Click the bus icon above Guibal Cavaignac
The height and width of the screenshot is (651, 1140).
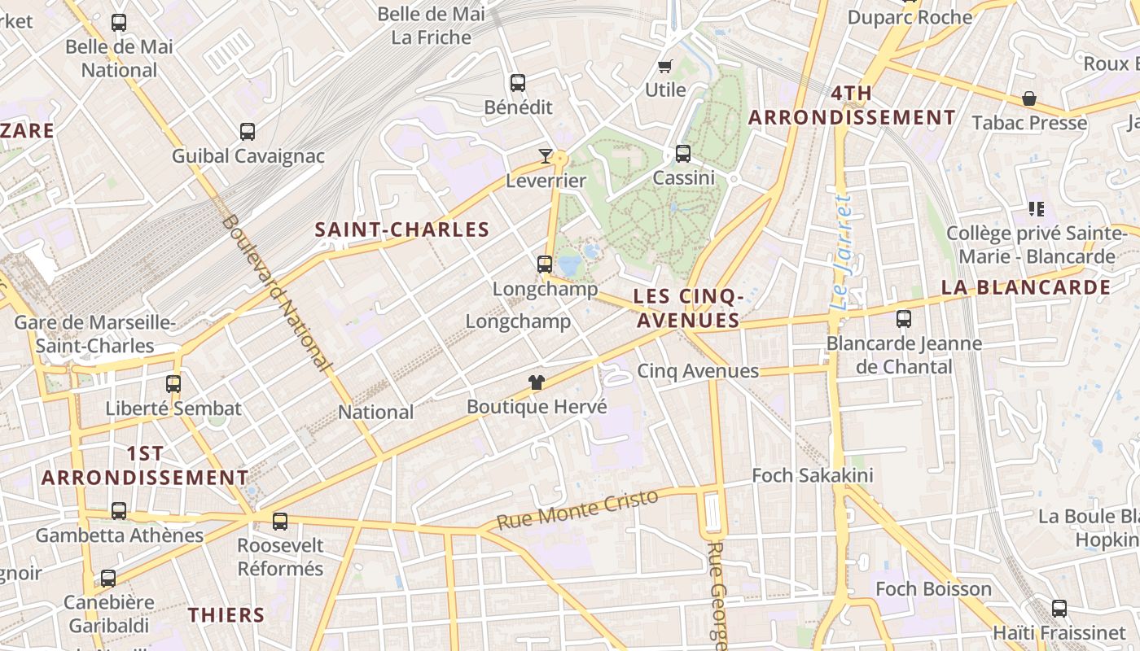(x=248, y=131)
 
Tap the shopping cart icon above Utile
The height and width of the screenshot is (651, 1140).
(x=665, y=66)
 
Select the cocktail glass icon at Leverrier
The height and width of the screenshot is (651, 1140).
(x=546, y=155)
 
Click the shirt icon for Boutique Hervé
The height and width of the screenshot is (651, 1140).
(x=536, y=382)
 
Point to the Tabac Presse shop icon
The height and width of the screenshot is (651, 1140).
(x=1029, y=98)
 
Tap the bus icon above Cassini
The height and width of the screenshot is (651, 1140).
(x=682, y=153)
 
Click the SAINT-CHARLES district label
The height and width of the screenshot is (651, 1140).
(x=402, y=230)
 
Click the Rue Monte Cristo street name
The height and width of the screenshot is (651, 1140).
(x=577, y=510)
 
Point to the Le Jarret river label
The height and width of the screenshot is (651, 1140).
(x=842, y=252)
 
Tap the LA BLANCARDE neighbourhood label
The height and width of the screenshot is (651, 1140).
(x=1025, y=287)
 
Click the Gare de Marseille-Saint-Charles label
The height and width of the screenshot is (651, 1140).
(x=94, y=334)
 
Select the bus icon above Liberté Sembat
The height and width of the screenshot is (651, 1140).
(x=173, y=383)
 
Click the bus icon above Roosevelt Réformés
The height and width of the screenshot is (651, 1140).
(x=280, y=521)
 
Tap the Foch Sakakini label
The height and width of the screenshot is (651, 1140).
(x=812, y=475)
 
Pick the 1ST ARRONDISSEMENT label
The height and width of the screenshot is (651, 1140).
(x=145, y=465)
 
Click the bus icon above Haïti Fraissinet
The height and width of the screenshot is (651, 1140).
(x=1059, y=608)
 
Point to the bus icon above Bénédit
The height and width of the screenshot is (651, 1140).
(x=518, y=82)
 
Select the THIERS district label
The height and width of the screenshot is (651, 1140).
(x=226, y=615)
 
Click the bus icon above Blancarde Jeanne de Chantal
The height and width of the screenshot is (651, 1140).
(x=904, y=318)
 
